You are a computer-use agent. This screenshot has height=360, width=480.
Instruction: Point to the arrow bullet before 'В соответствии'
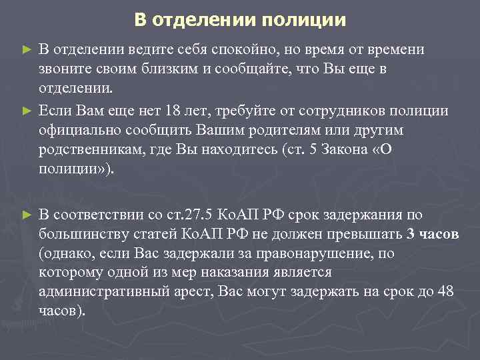(x=26, y=215)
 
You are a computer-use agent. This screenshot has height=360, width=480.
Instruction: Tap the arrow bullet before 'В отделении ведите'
(x=26, y=50)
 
